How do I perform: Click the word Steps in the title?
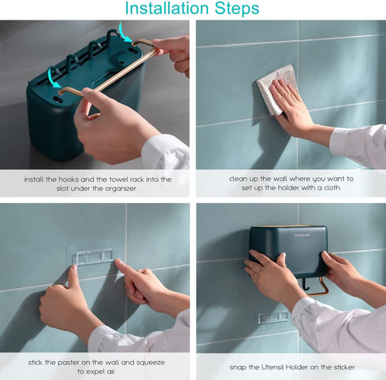point(237,9)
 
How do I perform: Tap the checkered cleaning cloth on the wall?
point(277,88)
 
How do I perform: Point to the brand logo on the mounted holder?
point(302,235)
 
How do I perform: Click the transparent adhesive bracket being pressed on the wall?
point(94,257)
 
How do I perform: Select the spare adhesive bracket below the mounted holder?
point(273,317)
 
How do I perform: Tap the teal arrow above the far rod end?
point(124,32)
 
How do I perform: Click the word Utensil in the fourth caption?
point(273,367)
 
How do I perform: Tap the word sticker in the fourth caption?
point(343,367)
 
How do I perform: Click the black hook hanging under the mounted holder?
point(305,285)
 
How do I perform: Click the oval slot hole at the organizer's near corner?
point(58,99)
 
